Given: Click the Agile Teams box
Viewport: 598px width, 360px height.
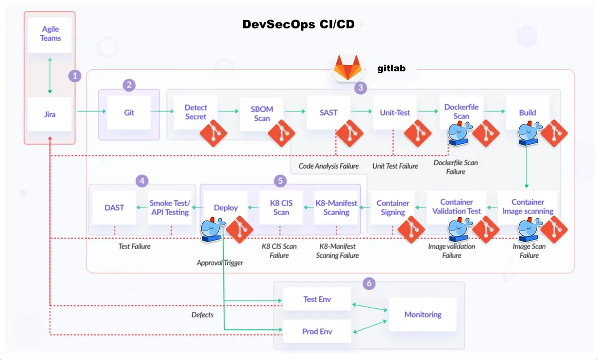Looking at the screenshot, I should click(x=50, y=35).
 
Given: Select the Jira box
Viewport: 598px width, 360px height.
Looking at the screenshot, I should click(x=49, y=114).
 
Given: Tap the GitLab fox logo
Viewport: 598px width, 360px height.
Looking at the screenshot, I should click(x=348, y=68).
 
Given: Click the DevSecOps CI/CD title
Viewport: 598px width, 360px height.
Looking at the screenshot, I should click(x=299, y=24).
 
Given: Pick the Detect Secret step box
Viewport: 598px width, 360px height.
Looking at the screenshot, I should click(x=195, y=113).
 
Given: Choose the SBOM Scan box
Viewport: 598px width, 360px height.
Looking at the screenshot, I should click(x=262, y=113).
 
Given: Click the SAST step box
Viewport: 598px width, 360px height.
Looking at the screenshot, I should click(x=328, y=113).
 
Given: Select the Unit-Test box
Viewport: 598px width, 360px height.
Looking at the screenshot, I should click(x=395, y=113).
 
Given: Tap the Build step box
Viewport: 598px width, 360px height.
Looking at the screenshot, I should click(x=527, y=113).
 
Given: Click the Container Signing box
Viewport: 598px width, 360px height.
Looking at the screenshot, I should click(x=393, y=208).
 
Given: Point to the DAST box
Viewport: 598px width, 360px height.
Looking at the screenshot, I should click(x=114, y=208).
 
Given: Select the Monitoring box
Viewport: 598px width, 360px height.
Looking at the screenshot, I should click(x=423, y=315).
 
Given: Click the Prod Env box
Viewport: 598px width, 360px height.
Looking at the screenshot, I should click(x=317, y=332).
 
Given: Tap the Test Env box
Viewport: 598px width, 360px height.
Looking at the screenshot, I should click(x=317, y=300).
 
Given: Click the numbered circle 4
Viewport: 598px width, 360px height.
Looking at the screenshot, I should click(x=143, y=181).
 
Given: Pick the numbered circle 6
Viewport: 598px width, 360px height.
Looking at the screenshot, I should click(x=369, y=284).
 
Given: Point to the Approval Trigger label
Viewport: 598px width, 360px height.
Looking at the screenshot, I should click(x=220, y=262).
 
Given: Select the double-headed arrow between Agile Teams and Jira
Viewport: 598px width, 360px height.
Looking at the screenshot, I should click(x=50, y=75).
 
